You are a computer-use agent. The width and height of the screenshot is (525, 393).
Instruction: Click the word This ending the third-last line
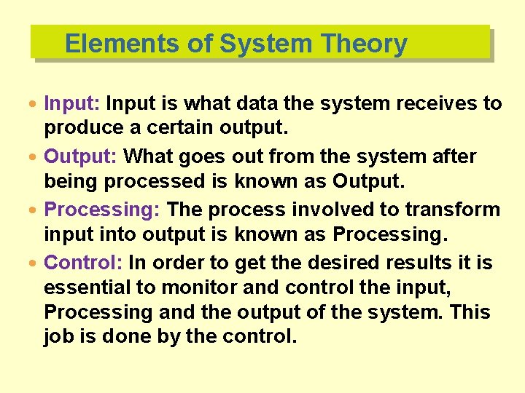(470, 312)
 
